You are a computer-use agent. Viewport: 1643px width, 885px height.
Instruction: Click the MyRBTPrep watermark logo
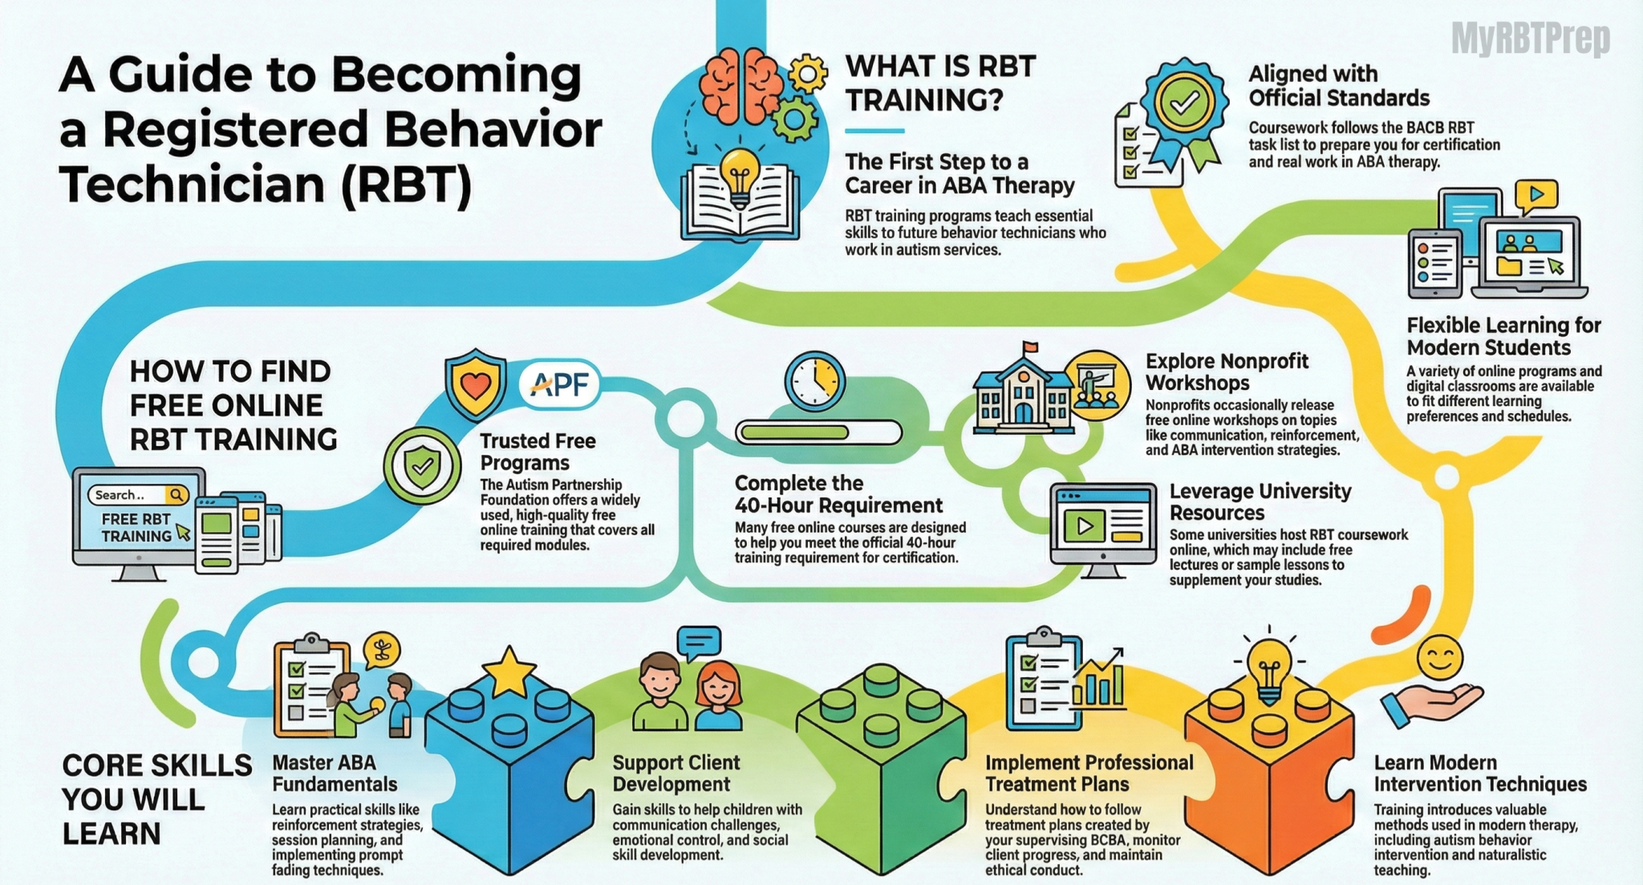pos(1530,39)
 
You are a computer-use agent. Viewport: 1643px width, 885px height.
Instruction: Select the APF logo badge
pos(559,384)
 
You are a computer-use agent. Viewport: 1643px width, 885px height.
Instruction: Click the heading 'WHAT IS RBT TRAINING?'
pos(940,83)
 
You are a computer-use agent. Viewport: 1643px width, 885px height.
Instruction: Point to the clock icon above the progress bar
pos(814,382)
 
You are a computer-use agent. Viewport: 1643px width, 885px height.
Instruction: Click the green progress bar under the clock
pos(818,432)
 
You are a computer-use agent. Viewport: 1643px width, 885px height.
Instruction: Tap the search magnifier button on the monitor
pos(176,495)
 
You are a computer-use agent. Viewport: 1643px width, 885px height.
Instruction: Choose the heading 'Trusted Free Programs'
pos(538,452)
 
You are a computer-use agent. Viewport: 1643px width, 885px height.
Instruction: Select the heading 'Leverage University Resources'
pos(1260,501)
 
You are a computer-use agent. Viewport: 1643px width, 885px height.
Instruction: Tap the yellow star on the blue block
pos(509,672)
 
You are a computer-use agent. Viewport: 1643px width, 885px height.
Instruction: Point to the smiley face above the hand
pos(1440,658)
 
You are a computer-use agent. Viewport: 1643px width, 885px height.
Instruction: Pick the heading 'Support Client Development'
pos(675,773)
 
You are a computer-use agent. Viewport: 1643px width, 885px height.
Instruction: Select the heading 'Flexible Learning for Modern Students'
pos(1503,336)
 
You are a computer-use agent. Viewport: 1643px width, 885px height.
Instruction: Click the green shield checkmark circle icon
pos(422,466)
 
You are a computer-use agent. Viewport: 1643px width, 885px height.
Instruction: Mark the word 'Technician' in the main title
pos(193,184)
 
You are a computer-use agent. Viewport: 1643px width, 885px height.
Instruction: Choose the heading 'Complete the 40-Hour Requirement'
pos(838,494)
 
